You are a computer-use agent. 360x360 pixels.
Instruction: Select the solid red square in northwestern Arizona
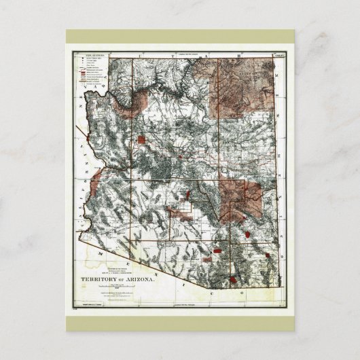[x=141, y=140]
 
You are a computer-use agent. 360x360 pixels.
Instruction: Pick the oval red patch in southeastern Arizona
[x=249, y=232]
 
